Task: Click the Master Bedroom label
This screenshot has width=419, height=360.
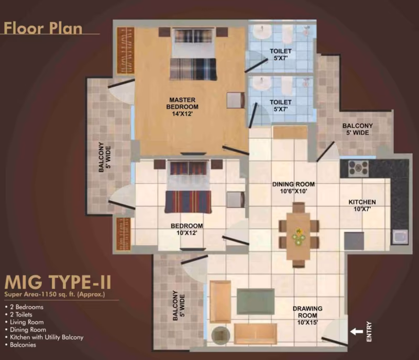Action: pos(182,107)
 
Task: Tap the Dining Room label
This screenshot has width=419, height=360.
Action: pos(293,188)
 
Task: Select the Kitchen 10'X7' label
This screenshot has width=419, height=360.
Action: pos(362,206)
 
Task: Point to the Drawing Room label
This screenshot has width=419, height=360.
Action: pos(307,316)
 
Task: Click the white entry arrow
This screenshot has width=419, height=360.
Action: pos(357,332)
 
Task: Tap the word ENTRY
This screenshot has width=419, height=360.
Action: pos(369,331)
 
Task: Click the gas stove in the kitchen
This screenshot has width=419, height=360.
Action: pos(358,168)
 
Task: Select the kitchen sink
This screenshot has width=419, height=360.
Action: pos(400,237)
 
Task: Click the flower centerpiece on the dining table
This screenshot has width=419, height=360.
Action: pos(298,237)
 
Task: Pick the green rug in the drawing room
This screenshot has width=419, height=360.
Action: pos(256,301)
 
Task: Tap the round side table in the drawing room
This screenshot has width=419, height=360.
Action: pos(220,335)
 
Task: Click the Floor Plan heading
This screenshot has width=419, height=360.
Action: pos(43,28)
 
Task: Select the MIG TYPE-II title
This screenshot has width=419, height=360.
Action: pos(58,283)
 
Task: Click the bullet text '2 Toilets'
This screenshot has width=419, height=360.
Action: pos(21,314)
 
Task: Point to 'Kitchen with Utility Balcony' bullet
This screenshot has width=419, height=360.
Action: pos(47,337)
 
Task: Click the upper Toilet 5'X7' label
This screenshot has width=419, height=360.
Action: pos(281,54)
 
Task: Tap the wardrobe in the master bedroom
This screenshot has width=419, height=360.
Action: pos(125,50)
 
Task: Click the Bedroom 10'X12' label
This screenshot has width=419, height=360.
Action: pos(187,229)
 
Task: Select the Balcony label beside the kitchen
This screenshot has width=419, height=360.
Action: pos(358,129)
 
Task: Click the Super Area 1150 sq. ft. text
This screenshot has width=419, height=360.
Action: pos(55,295)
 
